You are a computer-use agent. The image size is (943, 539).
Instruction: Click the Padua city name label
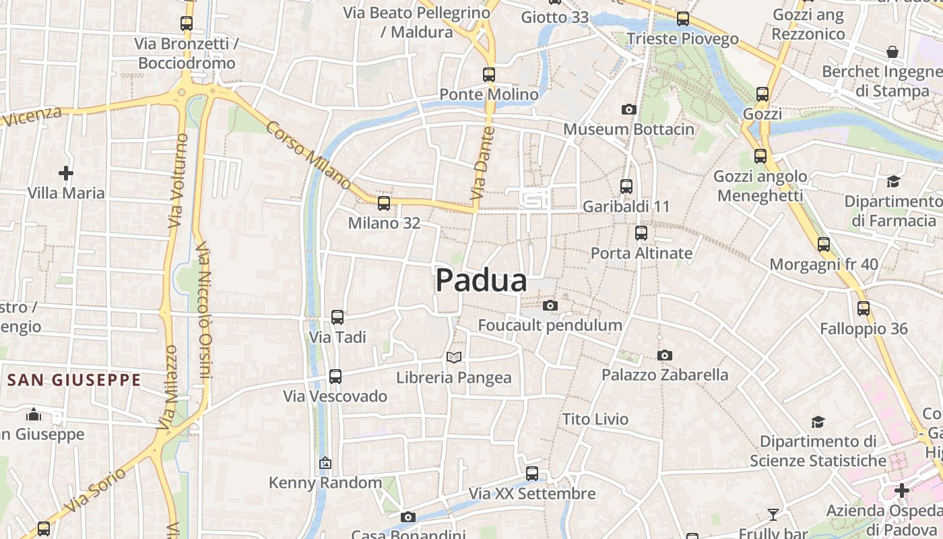coord(481,280)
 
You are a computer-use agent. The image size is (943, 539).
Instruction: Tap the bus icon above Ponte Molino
coord(489,74)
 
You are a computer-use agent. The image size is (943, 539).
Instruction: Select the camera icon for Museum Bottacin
coord(628,109)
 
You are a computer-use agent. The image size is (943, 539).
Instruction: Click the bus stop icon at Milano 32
coord(384,203)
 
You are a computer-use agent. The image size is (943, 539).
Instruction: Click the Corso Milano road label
coord(308,155)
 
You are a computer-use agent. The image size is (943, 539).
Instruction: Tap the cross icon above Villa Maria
coord(66,174)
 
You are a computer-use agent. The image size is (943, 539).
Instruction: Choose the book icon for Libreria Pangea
coord(455,357)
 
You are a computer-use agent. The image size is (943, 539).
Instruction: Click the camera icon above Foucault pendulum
coord(550,306)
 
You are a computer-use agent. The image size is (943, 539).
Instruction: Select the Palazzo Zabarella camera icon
coord(665,355)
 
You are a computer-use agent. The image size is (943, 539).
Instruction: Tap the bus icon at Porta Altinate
coord(641,233)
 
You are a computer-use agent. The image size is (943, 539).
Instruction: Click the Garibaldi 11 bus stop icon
coord(626,186)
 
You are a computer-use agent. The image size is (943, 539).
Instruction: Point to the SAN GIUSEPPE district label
coord(74,380)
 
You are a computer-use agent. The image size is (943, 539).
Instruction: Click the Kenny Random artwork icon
coord(325,463)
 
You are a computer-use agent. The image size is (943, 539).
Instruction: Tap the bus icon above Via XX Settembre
coord(532,474)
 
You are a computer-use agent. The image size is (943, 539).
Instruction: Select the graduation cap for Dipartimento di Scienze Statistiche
coord(818,422)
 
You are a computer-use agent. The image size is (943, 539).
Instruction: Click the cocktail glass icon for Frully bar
coord(773,515)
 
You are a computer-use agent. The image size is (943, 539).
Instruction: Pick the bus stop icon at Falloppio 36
coord(864,309)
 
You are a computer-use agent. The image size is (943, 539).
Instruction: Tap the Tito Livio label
coord(595,419)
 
